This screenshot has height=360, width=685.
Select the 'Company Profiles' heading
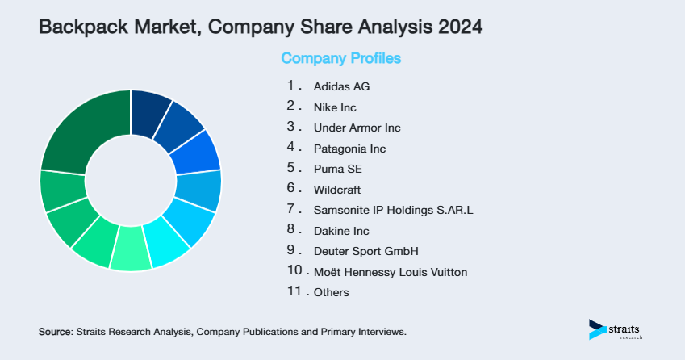[x=340, y=58]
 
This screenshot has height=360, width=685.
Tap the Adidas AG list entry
[x=341, y=86]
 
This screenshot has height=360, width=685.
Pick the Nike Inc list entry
[x=335, y=107]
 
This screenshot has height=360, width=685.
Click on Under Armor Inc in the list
[x=357, y=128]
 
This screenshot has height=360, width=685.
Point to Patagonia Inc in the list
[x=349, y=149]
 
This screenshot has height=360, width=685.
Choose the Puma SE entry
[x=337, y=170]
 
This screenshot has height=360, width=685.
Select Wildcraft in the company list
[x=336, y=190]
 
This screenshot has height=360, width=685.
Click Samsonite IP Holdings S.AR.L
[x=393, y=211]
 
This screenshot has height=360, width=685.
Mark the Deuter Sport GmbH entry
[x=365, y=251]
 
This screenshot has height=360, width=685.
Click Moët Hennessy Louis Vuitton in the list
[x=390, y=272]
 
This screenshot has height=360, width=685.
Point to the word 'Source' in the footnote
[x=54, y=332]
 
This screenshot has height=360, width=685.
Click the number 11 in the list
[x=294, y=292]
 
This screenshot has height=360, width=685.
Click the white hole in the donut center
[x=130, y=180]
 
